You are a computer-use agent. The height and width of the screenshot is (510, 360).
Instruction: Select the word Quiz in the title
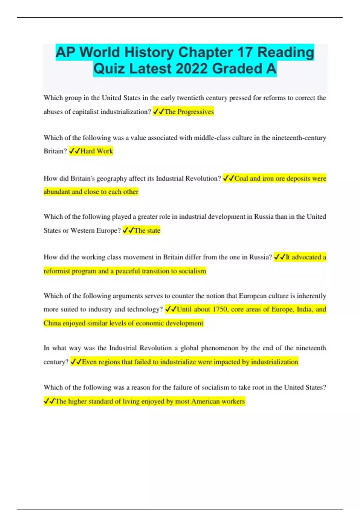[109, 69]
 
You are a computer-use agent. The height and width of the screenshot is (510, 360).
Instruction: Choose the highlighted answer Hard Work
[97, 151]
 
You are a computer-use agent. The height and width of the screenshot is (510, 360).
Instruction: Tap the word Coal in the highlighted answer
[241, 178]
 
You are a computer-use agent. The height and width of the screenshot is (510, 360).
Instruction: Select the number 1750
[220, 309]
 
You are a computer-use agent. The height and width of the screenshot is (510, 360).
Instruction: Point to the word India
[304, 309]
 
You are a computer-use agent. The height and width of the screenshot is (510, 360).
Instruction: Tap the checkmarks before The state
[128, 230]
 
